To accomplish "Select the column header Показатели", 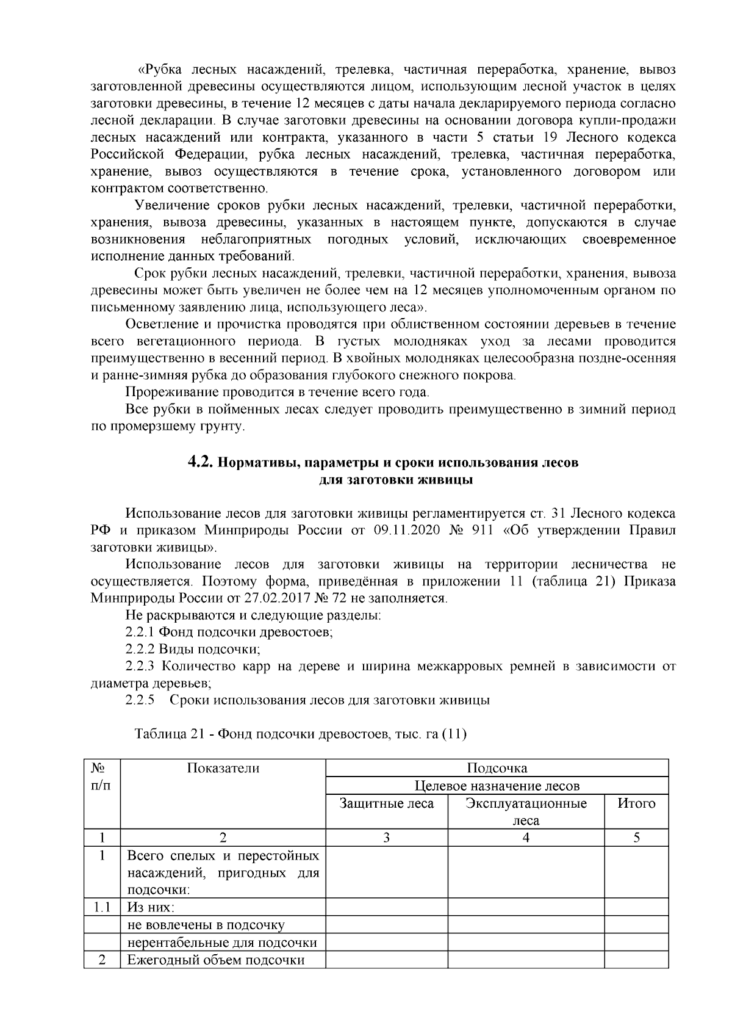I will (223, 768).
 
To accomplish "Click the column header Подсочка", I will (497, 768).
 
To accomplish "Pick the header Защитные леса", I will (387, 803).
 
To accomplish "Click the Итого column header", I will (636, 803).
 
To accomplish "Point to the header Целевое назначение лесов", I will (497, 786).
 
